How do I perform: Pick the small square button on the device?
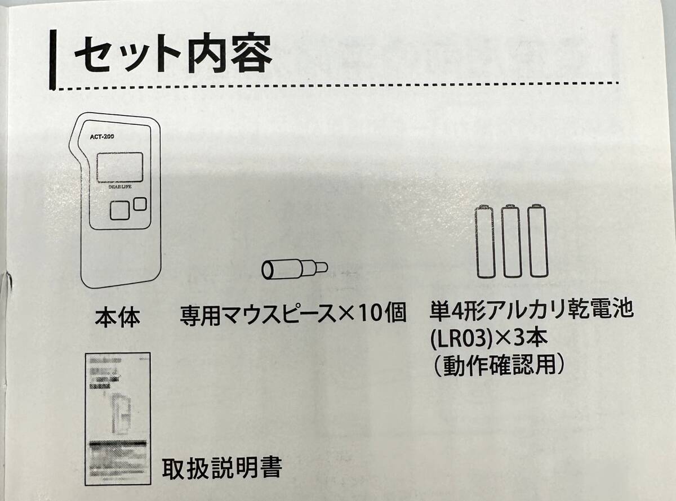click(x=140, y=203)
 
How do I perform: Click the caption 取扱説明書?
click(x=221, y=467)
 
